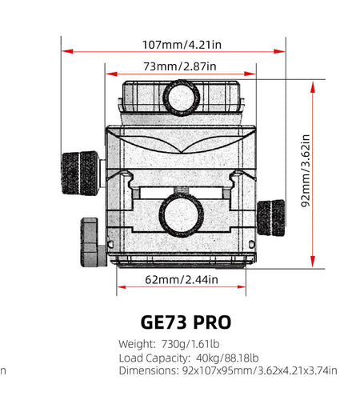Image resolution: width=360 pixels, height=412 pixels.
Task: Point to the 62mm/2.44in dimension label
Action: click(x=181, y=280)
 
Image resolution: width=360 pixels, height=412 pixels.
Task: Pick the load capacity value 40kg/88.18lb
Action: click(x=227, y=358)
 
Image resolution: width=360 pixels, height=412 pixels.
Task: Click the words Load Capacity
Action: click(x=154, y=358)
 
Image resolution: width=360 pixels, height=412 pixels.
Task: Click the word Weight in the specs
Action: click(x=137, y=344)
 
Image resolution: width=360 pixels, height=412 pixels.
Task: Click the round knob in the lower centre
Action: click(x=180, y=215)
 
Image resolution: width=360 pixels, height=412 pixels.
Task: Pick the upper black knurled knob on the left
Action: click(x=80, y=170)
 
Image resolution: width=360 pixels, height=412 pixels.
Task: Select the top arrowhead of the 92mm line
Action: click(x=313, y=85)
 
